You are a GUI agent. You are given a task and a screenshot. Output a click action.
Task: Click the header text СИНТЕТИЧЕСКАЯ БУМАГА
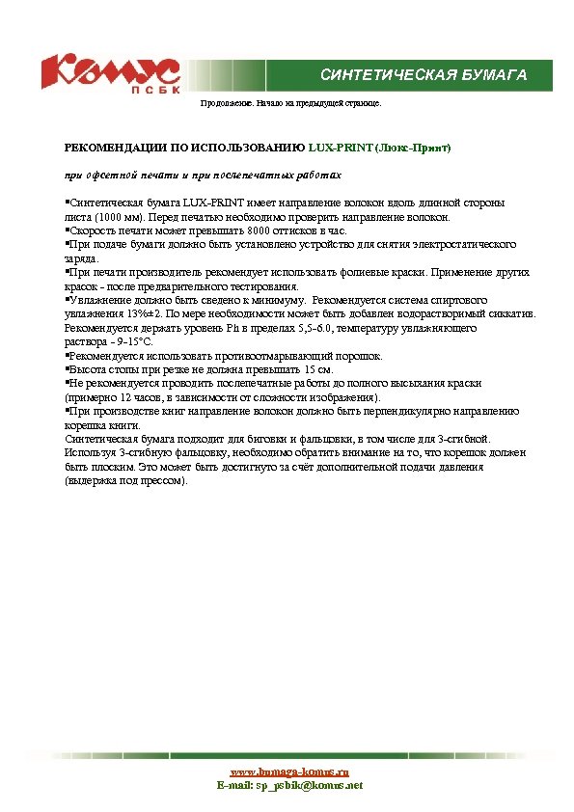coord(423,75)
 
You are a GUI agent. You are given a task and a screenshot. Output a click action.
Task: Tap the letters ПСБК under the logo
coord(150,92)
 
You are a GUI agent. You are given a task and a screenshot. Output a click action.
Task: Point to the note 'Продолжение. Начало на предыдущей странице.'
coord(289,102)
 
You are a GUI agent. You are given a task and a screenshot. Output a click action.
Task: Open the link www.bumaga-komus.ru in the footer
coord(289,771)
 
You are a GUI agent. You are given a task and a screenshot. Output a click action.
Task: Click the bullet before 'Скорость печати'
coord(67,230)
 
